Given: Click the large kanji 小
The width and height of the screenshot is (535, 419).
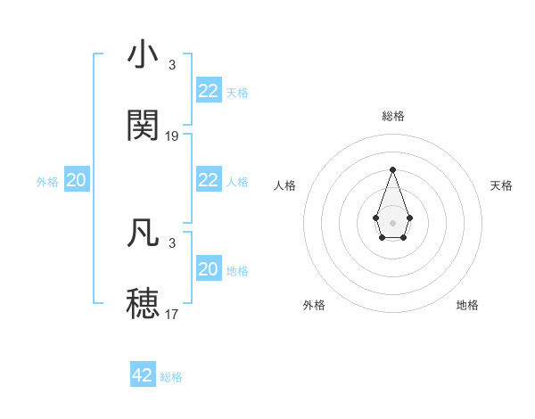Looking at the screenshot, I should [143, 55].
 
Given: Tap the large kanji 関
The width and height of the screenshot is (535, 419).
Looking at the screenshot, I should [143, 126].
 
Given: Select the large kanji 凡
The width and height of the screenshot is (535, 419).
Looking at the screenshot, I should [143, 232].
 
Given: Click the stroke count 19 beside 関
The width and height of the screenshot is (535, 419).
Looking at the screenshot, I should [172, 136].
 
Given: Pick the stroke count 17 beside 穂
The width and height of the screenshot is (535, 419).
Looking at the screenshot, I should [172, 314].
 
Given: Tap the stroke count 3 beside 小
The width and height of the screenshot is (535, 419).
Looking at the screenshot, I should [172, 65].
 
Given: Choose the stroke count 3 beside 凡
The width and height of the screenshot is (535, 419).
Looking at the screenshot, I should [172, 242].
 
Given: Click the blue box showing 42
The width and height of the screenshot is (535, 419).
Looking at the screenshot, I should [143, 375].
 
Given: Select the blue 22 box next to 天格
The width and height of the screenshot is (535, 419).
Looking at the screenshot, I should [208, 91].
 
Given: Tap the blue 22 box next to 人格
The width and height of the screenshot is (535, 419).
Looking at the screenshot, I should [208, 180].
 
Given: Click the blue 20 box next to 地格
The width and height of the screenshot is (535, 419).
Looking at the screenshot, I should [208, 269].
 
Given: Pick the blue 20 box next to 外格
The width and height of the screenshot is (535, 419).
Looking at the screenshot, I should [77, 180].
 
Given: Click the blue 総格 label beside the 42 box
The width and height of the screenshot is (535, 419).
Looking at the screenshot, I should [171, 377].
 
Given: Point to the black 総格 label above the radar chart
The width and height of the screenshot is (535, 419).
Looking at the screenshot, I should [392, 116].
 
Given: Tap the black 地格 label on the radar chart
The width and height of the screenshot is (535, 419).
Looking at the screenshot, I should [467, 305].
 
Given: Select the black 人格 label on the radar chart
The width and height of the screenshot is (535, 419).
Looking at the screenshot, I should [285, 185].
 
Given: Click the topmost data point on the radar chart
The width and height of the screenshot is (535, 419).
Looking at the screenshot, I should [392, 169].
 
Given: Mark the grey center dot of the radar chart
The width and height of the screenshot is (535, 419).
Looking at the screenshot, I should [392, 221].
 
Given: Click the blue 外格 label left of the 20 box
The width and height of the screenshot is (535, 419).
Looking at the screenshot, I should [47, 182].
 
